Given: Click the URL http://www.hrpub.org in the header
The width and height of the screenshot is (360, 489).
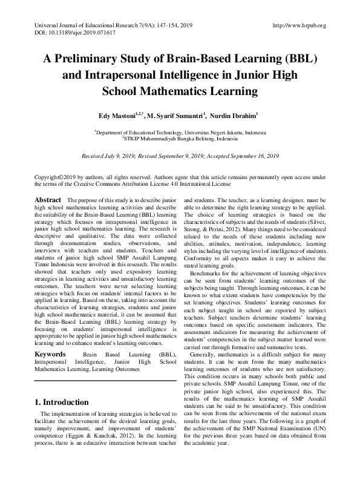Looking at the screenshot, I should click(299, 25).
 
